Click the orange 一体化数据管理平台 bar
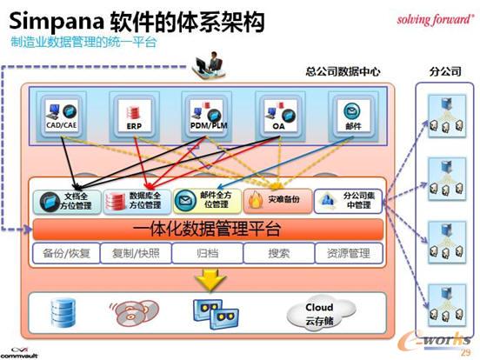coord(208,230)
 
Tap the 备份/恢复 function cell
coord(66,254)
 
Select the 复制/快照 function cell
coord(136,254)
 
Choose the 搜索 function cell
coord(278,254)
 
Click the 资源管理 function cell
coord(348,254)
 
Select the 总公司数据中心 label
coord(343,72)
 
